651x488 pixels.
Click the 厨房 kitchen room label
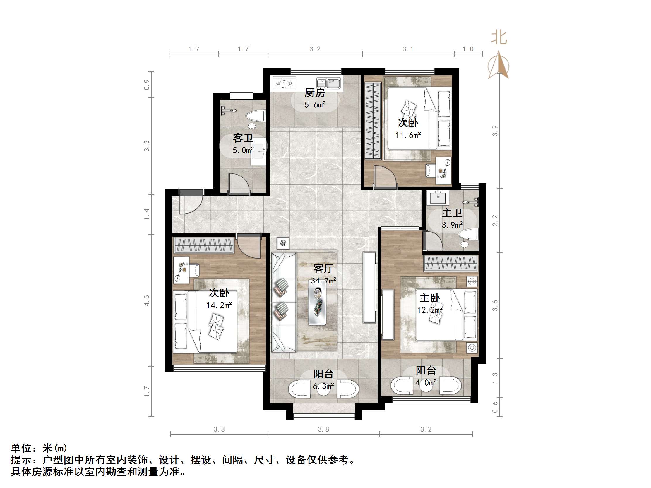(315, 93)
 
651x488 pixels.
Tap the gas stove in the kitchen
(284, 83)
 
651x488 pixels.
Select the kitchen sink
(329, 83)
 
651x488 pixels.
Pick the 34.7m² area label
(323, 281)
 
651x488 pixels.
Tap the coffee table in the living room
(317, 302)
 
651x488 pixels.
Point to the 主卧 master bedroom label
(429, 298)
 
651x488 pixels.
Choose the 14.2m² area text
(219, 305)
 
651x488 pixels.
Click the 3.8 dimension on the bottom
(323, 429)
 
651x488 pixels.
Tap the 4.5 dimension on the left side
(147, 300)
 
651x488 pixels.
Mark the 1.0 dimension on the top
(468, 49)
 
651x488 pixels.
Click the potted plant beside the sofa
(283, 243)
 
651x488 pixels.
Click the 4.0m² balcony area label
(426, 383)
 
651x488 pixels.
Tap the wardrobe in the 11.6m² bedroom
(373, 121)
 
